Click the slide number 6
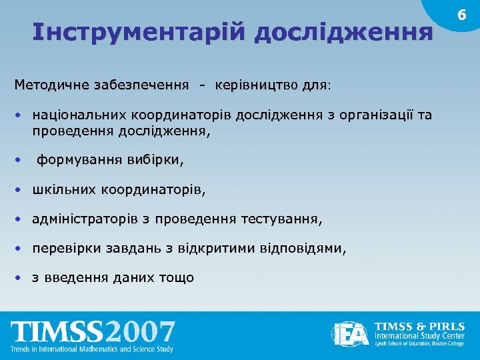point(460,15)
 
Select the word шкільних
point(64,190)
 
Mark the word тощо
point(176,277)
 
